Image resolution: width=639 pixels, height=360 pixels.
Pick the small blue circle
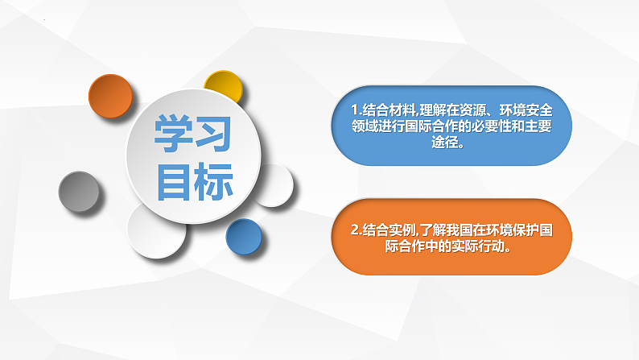245,238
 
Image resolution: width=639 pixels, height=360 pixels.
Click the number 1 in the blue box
354,110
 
